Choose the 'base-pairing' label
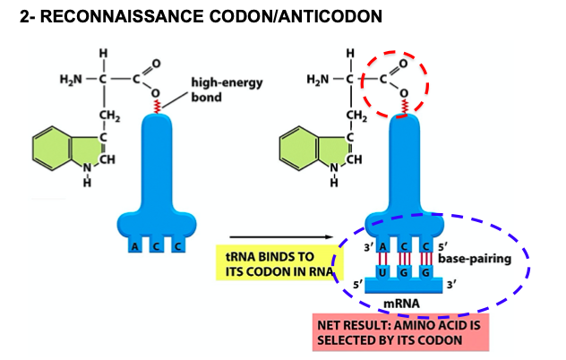(x=475, y=260)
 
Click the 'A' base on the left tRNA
(x=134, y=245)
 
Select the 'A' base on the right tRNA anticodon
(x=382, y=246)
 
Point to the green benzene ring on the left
(x=52, y=148)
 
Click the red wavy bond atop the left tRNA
(x=157, y=107)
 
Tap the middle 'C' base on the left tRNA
(x=157, y=245)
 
